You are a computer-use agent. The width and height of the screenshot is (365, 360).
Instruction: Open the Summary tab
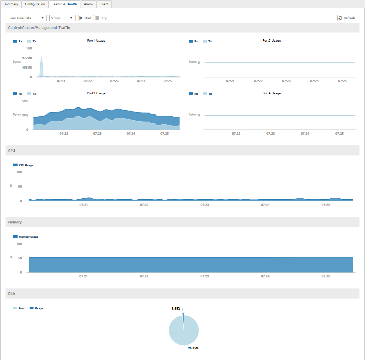[x=11, y=4]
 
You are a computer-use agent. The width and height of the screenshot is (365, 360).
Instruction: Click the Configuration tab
[x=35, y=4]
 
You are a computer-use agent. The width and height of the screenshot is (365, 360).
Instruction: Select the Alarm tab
[x=88, y=4]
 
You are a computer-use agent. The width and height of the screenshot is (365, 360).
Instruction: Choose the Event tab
[x=104, y=4]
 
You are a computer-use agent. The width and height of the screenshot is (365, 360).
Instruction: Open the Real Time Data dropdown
[x=27, y=18]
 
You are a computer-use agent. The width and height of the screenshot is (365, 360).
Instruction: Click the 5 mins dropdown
[x=62, y=18]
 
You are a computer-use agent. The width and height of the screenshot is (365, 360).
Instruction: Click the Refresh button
[x=347, y=18]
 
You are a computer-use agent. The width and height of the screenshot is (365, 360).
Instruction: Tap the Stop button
[x=102, y=18]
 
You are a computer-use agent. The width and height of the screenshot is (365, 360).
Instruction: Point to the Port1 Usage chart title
[x=96, y=41]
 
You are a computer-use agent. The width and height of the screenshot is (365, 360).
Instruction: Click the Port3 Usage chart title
[x=96, y=93]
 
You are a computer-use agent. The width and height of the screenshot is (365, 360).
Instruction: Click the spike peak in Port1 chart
[x=41, y=58]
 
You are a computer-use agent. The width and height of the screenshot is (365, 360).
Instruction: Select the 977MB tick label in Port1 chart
[x=27, y=58]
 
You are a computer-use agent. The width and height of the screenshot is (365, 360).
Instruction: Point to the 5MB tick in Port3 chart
[x=25, y=101]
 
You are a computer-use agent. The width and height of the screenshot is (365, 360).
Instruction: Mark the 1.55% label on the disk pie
[x=176, y=308]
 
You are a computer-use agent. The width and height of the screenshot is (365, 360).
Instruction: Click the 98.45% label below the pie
[x=193, y=348]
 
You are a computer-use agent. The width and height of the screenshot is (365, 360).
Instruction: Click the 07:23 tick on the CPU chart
[x=205, y=205]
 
